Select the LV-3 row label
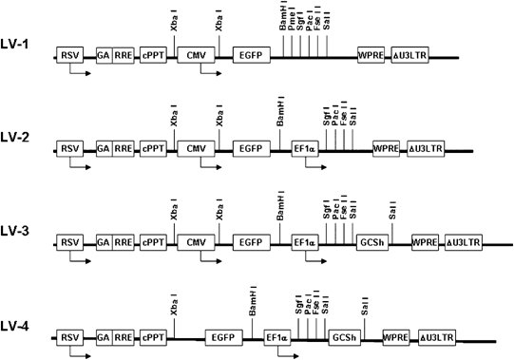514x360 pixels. tap(20, 243)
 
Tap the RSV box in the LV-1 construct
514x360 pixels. tap(69, 57)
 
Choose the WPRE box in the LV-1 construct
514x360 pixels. tap(372, 57)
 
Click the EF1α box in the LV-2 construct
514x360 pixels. tap(305, 149)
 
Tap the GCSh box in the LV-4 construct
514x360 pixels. tap(343, 336)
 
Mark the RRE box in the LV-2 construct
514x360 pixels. tap(124, 149)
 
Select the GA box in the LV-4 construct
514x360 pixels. tap(103, 336)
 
